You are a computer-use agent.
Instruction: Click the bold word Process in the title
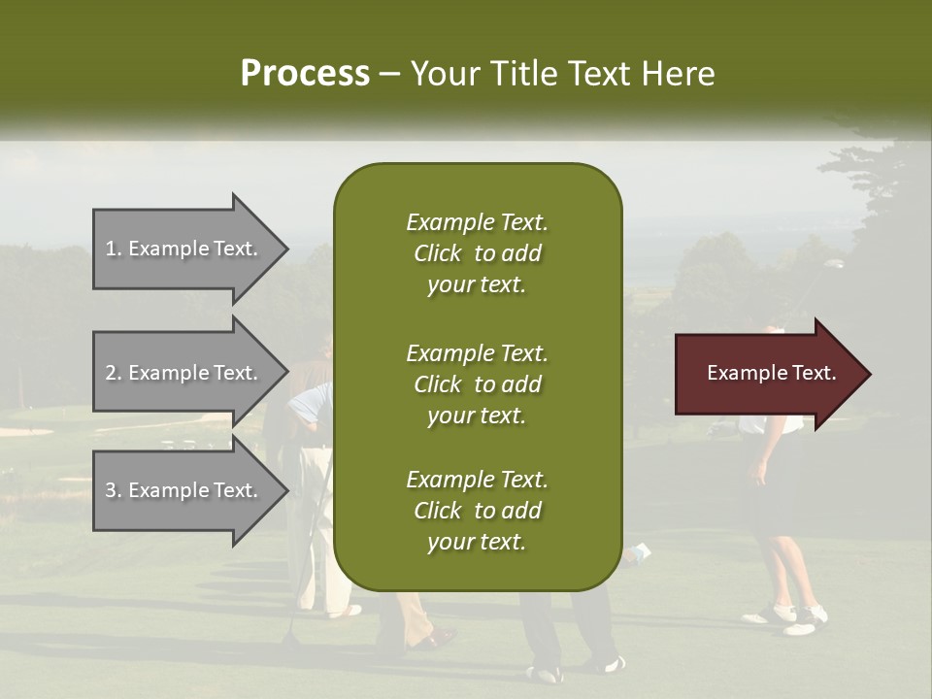(305, 73)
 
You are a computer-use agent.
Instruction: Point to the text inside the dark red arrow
(771, 373)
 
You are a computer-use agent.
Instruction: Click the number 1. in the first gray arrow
(114, 249)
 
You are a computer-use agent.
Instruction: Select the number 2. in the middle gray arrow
(114, 373)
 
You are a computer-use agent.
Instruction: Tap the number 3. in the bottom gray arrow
(114, 490)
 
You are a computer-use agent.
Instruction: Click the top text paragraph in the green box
(477, 253)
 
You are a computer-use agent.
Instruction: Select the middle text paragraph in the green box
(477, 383)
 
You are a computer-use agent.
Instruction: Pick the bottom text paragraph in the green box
(477, 510)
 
